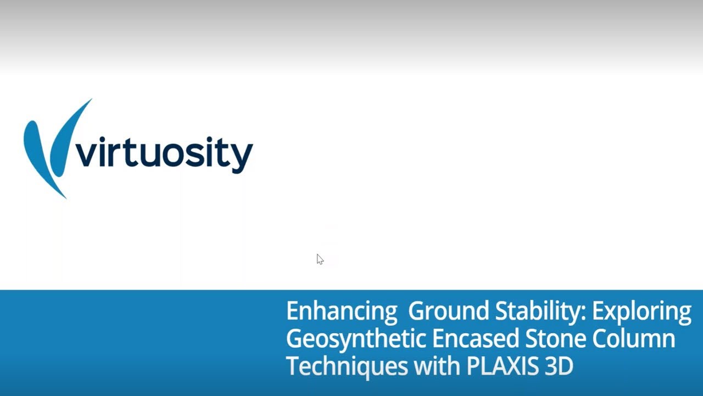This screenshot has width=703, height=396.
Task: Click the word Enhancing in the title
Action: tap(341, 311)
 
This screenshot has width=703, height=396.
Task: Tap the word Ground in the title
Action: tap(448, 311)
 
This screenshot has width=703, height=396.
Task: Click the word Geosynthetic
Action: tap(355, 339)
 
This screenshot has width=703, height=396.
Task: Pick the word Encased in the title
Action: tap(475, 338)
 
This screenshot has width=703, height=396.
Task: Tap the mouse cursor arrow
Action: tap(320, 259)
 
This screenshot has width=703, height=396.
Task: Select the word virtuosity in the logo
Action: tap(164, 153)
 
